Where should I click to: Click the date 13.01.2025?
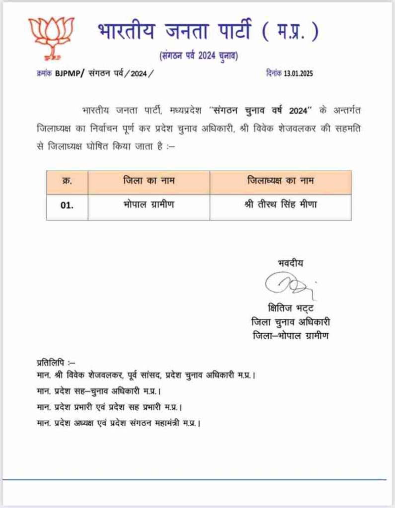point(299,73)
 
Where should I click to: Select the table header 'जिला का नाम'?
point(149,182)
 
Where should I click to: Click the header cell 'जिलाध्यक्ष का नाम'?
point(280,182)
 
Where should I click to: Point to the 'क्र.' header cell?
point(67,182)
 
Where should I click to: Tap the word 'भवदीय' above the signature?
point(291,263)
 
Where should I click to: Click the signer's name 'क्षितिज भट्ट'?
point(290,309)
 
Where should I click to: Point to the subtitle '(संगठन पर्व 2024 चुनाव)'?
point(198,56)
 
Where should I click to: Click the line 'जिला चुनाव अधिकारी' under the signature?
point(291,322)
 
